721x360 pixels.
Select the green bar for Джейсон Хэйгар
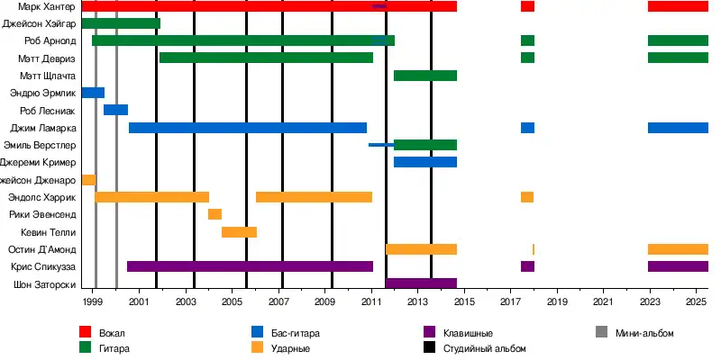point(121,23)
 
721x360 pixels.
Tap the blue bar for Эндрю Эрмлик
point(93,93)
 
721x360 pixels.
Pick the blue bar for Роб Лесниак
point(115,110)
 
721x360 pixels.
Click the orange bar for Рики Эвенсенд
point(214,214)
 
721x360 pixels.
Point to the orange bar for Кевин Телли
point(239,232)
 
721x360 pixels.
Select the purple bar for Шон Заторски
point(421,283)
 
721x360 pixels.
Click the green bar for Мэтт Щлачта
point(425,76)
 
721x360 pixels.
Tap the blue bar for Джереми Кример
point(425,162)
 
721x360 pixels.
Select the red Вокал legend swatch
point(86,333)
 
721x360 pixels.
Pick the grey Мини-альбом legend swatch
point(602,333)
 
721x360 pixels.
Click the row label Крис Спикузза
point(43,266)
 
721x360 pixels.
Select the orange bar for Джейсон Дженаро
point(88,180)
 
